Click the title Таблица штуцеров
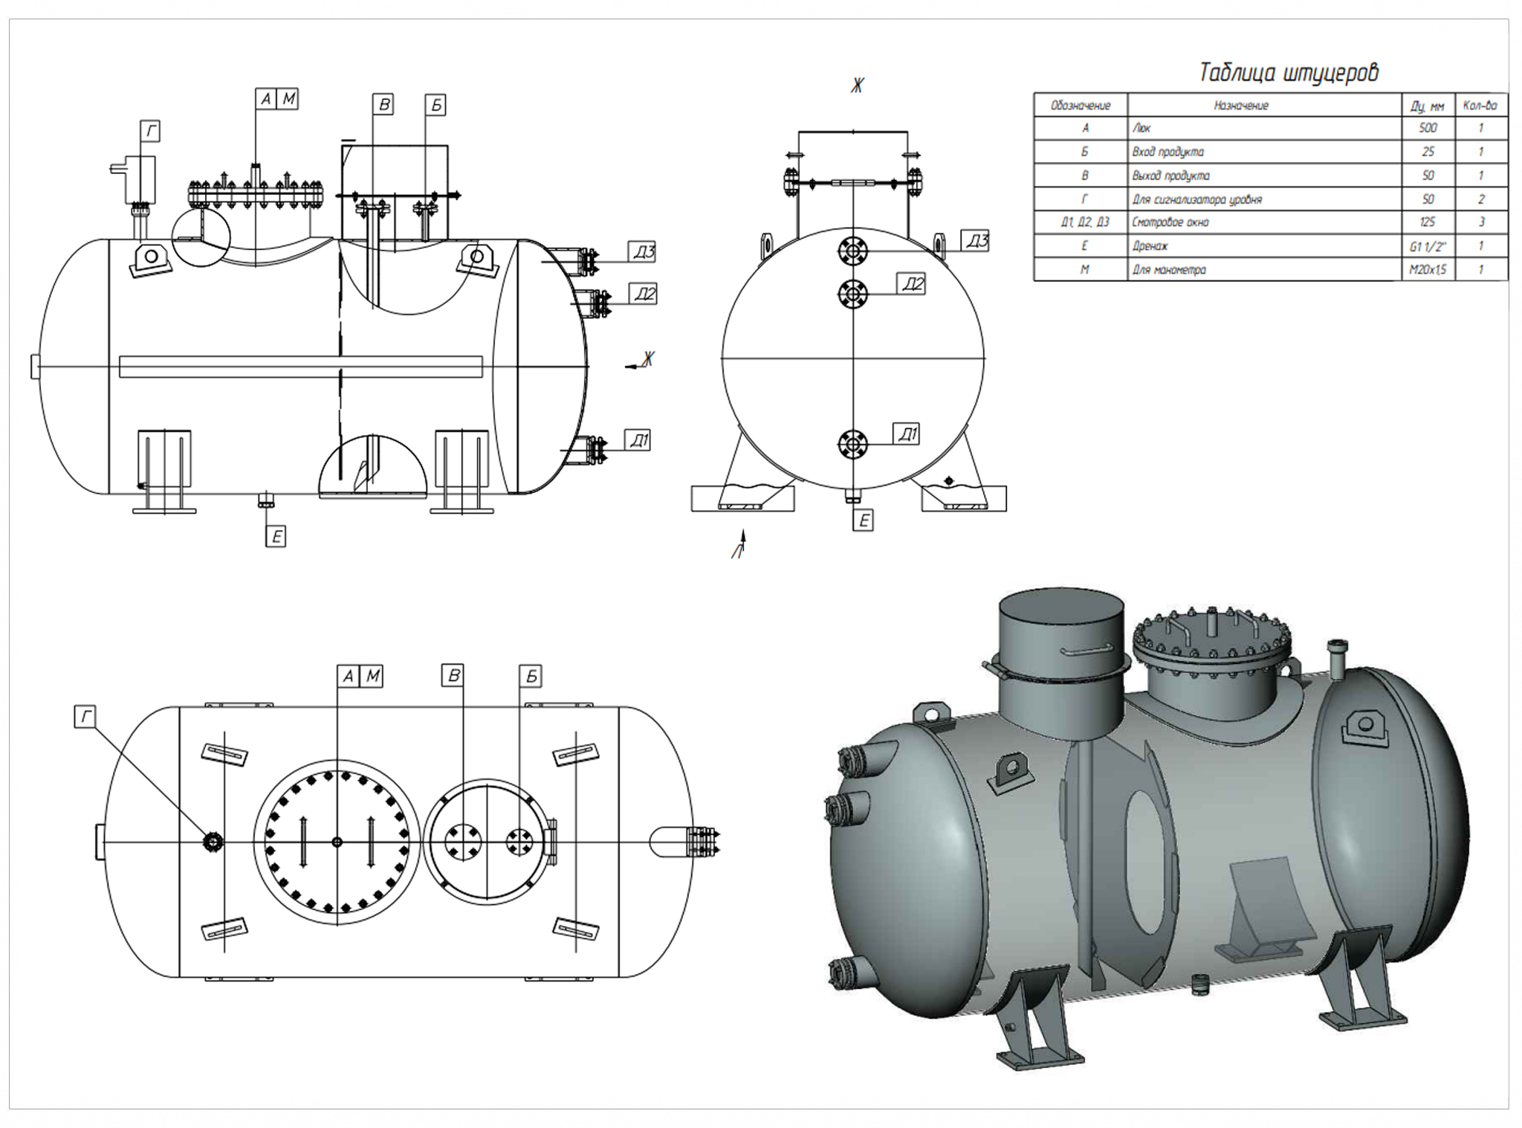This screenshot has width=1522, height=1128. (1289, 73)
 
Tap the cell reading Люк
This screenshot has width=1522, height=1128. (1141, 128)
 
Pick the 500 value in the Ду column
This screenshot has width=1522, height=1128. (1428, 128)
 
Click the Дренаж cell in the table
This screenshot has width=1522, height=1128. (1150, 245)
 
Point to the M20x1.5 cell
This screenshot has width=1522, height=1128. (1428, 270)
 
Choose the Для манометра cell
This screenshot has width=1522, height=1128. (1169, 270)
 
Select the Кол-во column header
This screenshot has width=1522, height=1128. (1480, 106)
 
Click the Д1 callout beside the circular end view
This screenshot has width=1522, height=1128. (907, 434)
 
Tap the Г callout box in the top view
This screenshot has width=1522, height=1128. (85, 717)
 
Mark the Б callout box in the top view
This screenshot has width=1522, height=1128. (531, 676)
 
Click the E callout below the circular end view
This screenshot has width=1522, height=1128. (863, 521)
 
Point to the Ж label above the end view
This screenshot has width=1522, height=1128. (857, 86)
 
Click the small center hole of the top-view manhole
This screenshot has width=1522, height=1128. (337, 842)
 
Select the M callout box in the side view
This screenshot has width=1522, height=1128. (288, 98)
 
